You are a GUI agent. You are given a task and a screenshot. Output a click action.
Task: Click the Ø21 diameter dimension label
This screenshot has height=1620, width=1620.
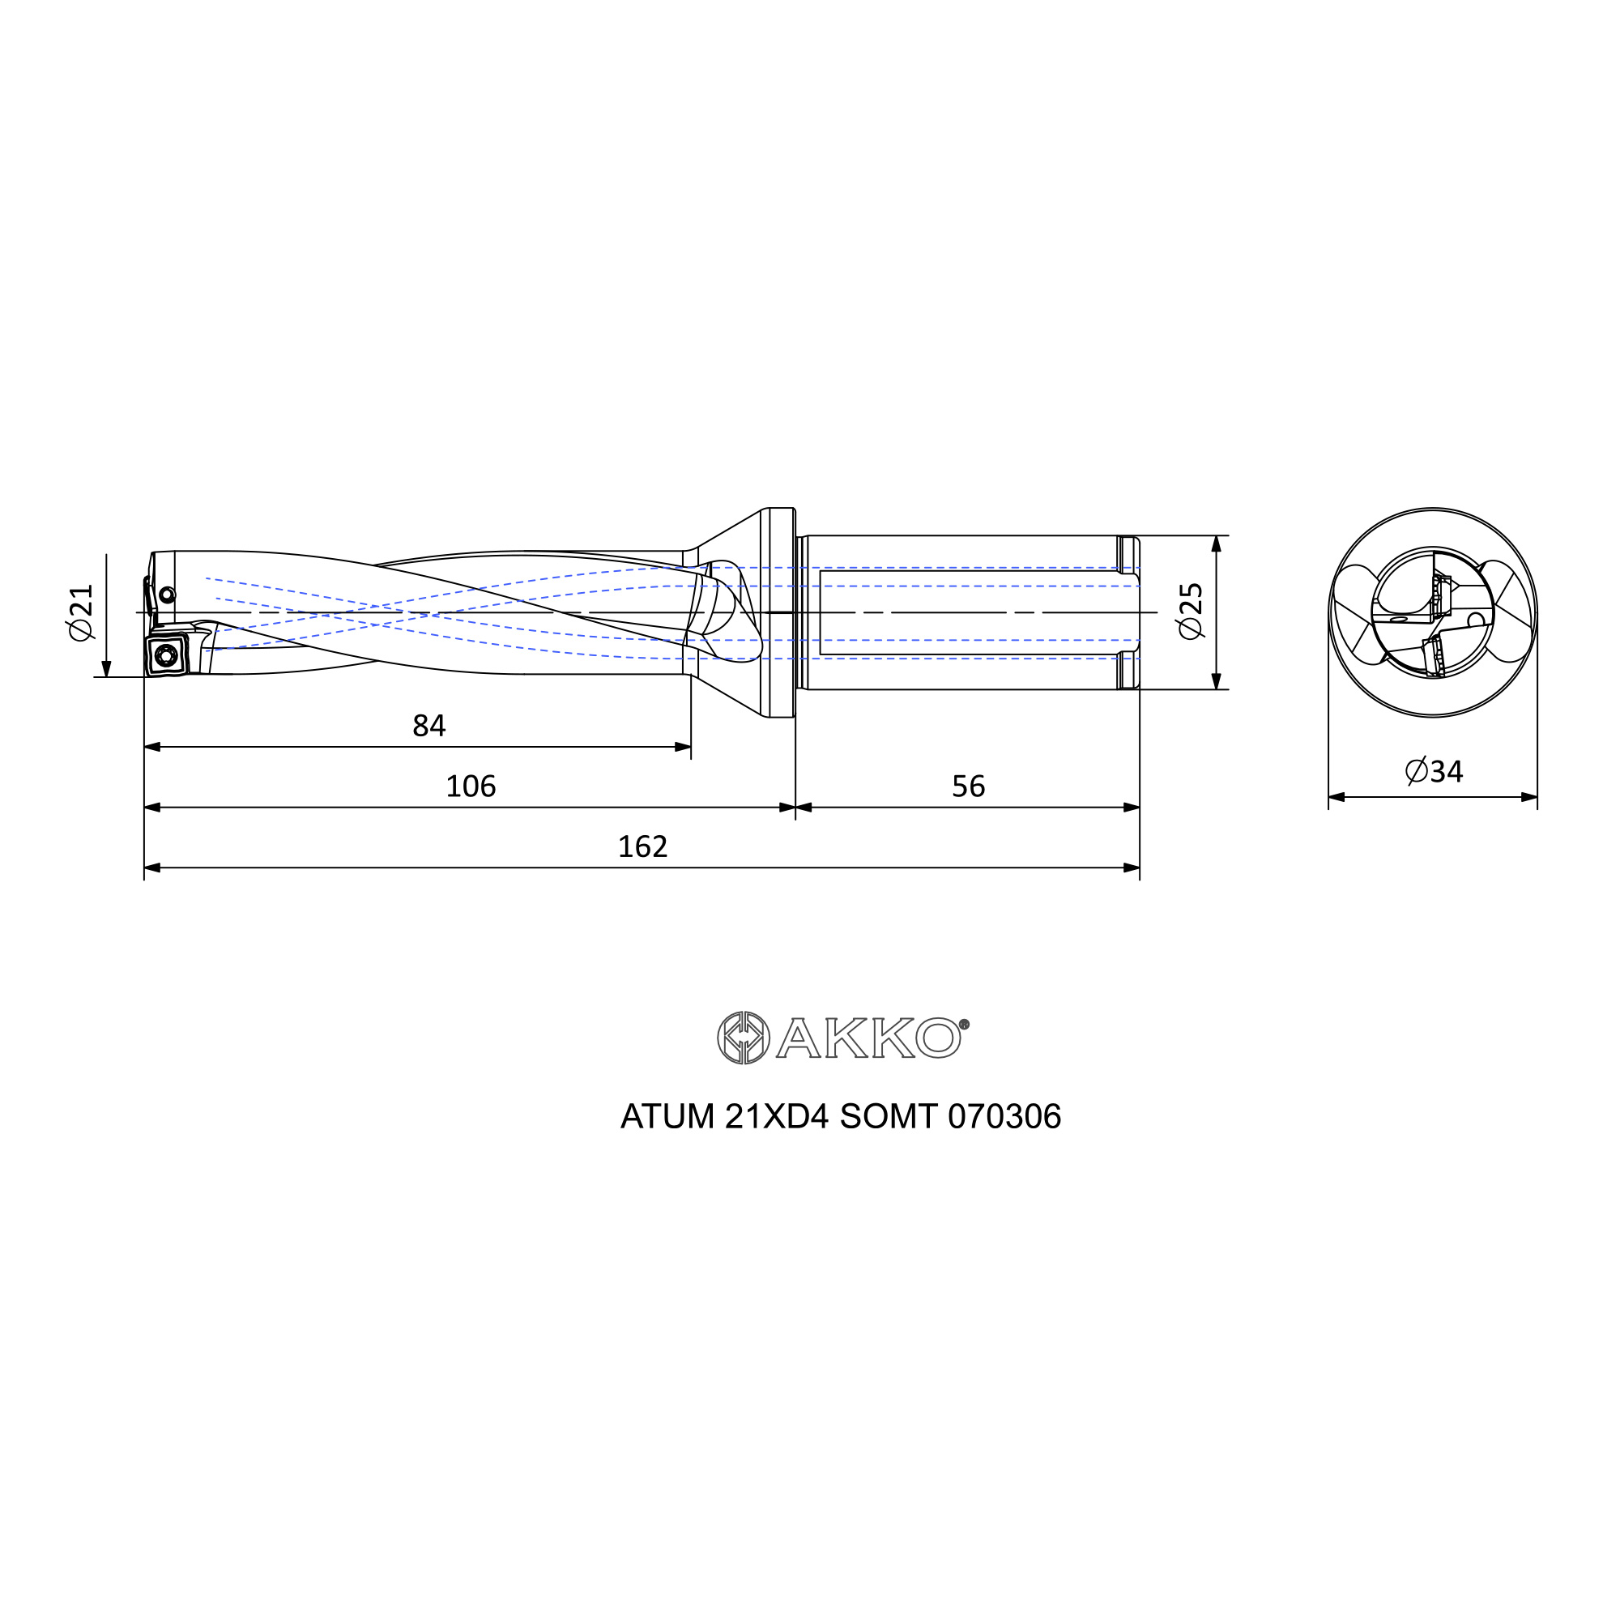coord(81,612)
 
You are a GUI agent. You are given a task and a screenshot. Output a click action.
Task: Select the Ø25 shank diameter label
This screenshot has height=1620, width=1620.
coord(1191,612)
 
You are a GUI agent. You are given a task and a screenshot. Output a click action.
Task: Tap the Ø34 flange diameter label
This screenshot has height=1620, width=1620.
coord(1434,770)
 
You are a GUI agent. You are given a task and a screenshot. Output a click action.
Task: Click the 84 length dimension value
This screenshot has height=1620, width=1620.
coord(428,725)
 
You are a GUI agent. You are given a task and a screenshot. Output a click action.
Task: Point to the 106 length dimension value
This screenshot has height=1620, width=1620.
coord(471,786)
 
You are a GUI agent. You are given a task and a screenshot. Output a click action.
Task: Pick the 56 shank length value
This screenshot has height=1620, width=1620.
coord(969,786)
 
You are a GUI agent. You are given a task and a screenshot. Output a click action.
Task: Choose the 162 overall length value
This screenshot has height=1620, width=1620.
coord(642,846)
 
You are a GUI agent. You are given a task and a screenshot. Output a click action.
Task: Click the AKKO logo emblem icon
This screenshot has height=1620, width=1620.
coord(743,1038)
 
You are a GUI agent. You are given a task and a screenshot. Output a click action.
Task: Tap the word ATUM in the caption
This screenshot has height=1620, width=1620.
coord(667,1116)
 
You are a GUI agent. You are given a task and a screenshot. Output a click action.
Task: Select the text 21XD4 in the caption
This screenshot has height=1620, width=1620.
coord(777,1116)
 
